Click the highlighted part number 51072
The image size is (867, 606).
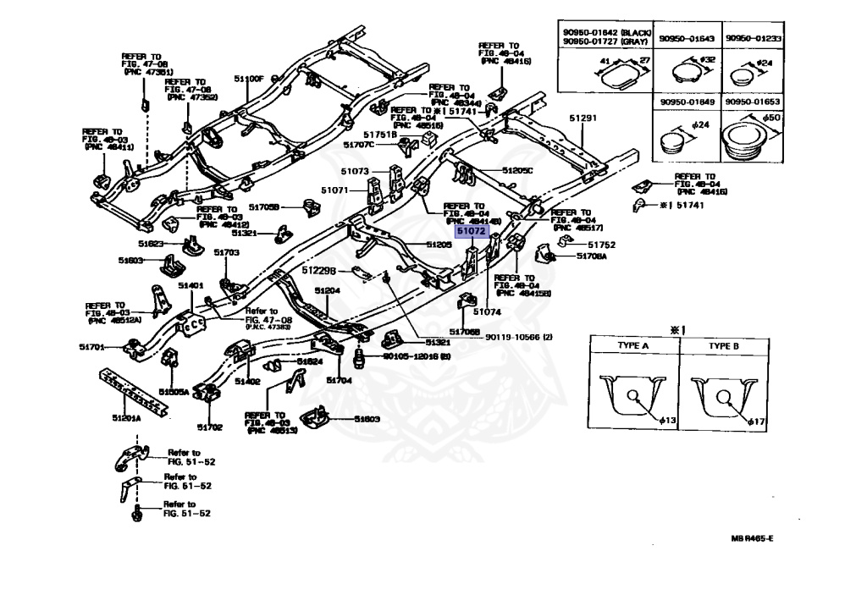470,230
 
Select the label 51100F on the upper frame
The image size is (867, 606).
251,79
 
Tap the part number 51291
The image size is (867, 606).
583,118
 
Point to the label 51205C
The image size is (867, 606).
517,170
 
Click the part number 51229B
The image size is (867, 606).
320,270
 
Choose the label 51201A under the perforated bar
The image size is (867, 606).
127,418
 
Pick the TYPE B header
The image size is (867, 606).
724,346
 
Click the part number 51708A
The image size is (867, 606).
592,256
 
